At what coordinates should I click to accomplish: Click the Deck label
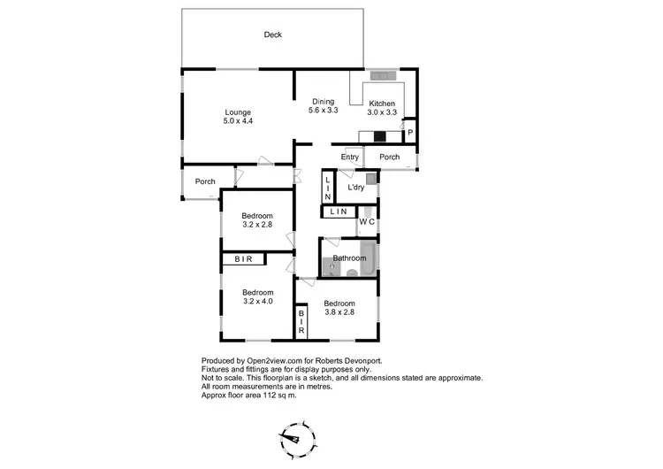click(x=272, y=35)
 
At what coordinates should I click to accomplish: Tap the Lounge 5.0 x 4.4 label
click(x=238, y=117)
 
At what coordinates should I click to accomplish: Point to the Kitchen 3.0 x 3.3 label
click(x=382, y=108)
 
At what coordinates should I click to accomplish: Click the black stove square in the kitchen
click(x=379, y=136)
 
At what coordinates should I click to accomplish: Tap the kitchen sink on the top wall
click(x=384, y=74)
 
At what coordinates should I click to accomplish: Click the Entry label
click(x=350, y=158)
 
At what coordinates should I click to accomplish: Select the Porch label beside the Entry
click(x=389, y=158)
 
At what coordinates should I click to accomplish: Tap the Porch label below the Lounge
click(x=205, y=182)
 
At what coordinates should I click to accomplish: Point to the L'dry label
click(x=355, y=188)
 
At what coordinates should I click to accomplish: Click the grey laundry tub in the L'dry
click(x=371, y=179)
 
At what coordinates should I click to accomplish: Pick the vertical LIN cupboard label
click(x=327, y=188)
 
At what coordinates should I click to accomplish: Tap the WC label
click(x=368, y=221)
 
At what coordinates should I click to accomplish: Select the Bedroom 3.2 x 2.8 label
click(x=258, y=220)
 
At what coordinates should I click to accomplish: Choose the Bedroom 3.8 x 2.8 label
click(x=339, y=308)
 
